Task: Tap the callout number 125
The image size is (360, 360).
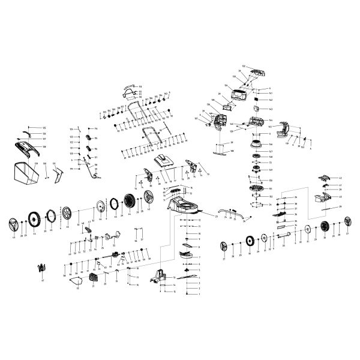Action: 44,128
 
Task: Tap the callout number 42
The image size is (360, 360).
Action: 340,178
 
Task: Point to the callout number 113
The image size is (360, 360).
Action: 140,87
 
